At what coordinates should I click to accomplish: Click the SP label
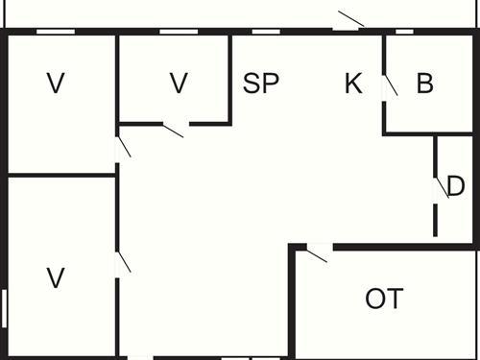click(260, 84)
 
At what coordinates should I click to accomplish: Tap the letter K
click(353, 84)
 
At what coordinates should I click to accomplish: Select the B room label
click(424, 84)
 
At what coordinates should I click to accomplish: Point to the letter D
click(456, 186)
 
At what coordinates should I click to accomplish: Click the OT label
click(384, 299)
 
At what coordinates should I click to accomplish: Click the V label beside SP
click(179, 84)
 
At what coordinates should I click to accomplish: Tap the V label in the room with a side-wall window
click(56, 278)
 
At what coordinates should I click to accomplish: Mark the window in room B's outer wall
click(404, 32)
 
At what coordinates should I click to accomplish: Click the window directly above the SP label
click(265, 32)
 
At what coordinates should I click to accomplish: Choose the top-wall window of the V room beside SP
click(173, 32)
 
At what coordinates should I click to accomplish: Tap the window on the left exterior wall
click(4, 309)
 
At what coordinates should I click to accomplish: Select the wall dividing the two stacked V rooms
click(60, 175)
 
